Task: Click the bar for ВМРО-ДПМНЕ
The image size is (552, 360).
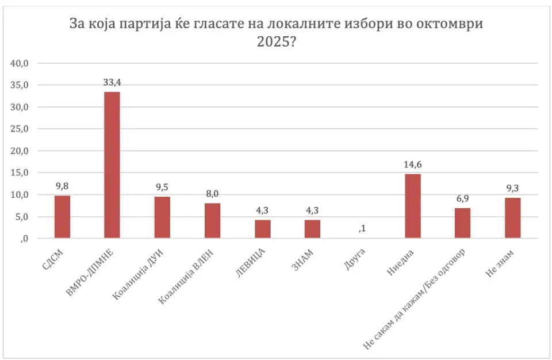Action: pos(112,165)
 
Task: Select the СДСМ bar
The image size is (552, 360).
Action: pos(62,217)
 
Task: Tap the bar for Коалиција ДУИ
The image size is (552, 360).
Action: pos(162,217)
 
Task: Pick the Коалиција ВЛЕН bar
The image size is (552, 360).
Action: pos(212,221)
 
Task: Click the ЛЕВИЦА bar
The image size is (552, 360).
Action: pos(262,229)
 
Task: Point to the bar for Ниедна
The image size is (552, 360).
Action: pos(413,206)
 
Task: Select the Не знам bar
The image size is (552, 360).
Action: pos(513,218)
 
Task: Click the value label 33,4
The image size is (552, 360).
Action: pos(112,83)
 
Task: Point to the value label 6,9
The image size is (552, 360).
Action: pos(463,198)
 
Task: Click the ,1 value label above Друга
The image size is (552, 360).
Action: pos(363,229)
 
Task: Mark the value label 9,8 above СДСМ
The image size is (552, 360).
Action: pos(62,186)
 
